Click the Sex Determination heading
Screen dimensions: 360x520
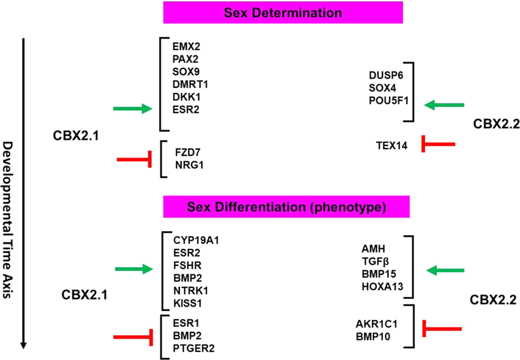coord(283,12)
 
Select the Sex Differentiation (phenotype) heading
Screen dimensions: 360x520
coord(283,207)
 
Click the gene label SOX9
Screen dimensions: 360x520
coord(185,72)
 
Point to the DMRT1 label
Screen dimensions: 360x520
coord(188,84)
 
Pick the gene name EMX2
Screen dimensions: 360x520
coord(185,46)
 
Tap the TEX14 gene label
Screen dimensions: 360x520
coord(392,145)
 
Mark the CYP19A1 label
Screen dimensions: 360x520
coord(196,240)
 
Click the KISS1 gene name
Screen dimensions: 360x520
coord(187,303)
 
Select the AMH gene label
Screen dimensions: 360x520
coord(373,248)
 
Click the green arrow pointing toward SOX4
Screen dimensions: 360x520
coord(444,106)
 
